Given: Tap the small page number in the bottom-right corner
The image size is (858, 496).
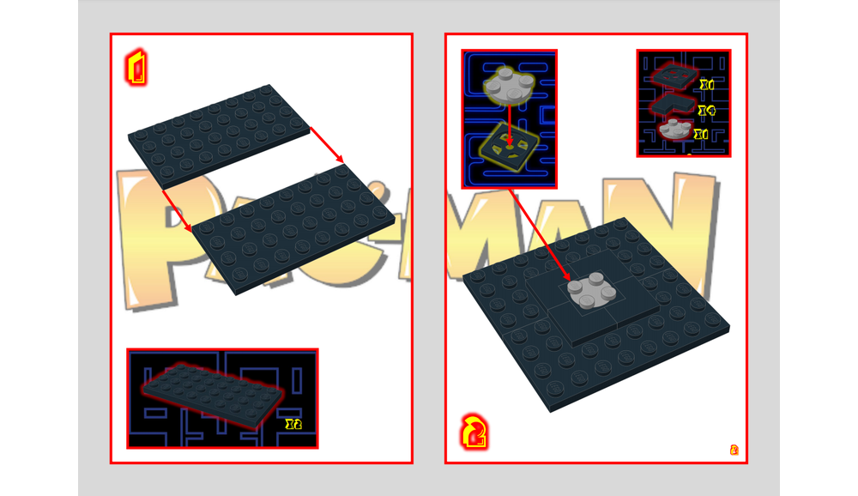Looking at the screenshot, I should point(734,450).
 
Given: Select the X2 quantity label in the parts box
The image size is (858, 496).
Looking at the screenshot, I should point(293,424).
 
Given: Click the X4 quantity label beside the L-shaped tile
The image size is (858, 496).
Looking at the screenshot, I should point(706,111).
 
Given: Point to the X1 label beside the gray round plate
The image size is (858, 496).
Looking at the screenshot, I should point(702,135).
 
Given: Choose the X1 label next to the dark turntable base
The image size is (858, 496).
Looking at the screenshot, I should point(706,85).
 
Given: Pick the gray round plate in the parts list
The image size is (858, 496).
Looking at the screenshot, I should point(676,130).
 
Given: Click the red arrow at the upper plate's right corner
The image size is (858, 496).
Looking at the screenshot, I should point(327,145).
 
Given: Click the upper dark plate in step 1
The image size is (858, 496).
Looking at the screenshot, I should point(219,133).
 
